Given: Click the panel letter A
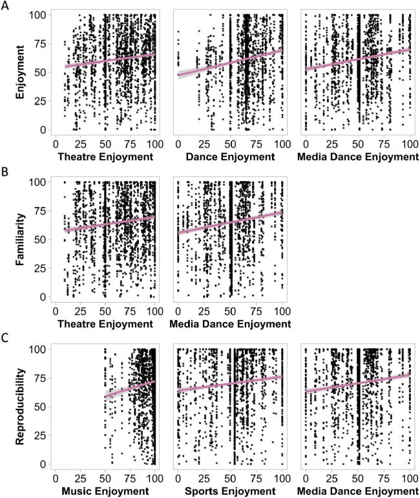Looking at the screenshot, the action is pyautogui.click(x=5, y=5).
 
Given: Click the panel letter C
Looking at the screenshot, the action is pyautogui.click(x=5, y=338).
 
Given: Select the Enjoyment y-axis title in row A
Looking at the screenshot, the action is pyautogui.click(x=20, y=72).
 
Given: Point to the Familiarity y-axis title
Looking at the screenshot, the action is pyautogui.click(x=20, y=239).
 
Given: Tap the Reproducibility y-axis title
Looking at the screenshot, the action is pyautogui.click(x=20, y=407).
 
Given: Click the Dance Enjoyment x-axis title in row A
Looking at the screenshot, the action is pyautogui.click(x=230, y=157).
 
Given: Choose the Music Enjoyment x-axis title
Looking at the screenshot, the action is pyautogui.click(x=105, y=491).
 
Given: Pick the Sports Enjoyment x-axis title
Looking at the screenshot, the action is pyautogui.click(x=230, y=491).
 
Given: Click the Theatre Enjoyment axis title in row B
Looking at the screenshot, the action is pyautogui.click(x=105, y=324).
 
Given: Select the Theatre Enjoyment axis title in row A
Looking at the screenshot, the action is pyautogui.click(x=105, y=157).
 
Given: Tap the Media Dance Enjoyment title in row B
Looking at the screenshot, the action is pyautogui.click(x=230, y=324).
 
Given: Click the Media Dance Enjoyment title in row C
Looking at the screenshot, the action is pyautogui.click(x=358, y=491).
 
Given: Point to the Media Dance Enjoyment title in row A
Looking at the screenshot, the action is pyautogui.click(x=358, y=157).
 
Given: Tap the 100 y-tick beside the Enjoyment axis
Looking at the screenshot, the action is pyautogui.click(x=38, y=15).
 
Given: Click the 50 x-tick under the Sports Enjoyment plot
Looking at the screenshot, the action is pyautogui.click(x=230, y=479).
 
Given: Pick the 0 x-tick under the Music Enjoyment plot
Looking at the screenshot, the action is pyautogui.click(x=56, y=479).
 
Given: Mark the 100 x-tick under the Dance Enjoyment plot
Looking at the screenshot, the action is pyautogui.click(x=282, y=144).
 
